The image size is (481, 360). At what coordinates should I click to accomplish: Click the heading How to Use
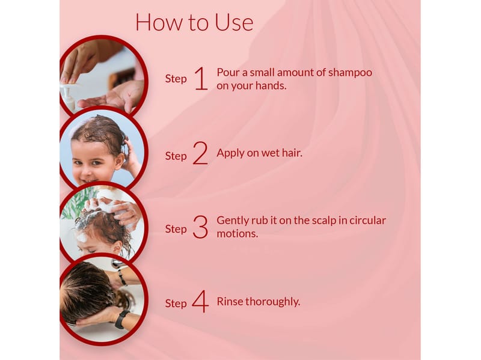tap(194, 22)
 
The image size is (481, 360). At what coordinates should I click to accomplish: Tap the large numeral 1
tap(201, 79)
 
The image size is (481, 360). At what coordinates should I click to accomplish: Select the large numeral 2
tap(200, 153)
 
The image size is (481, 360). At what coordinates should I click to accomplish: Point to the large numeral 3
tap(200, 227)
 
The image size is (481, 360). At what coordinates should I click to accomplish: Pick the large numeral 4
tap(200, 302)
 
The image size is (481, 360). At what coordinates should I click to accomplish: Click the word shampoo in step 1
tap(350, 73)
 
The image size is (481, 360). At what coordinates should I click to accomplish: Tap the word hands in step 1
tap(271, 86)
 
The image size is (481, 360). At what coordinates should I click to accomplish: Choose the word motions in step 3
tap(237, 234)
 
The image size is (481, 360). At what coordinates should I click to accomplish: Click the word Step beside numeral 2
tap(176, 156)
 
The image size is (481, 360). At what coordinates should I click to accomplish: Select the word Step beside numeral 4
tap(176, 304)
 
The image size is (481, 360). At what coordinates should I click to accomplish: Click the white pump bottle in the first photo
tap(68, 97)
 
